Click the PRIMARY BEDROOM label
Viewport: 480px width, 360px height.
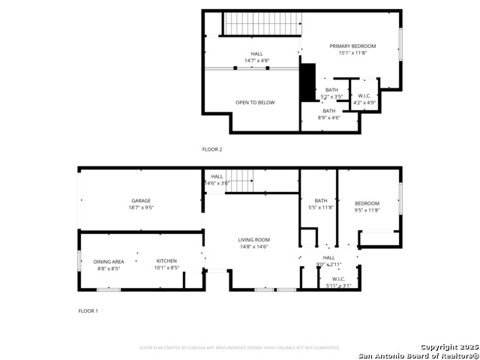352,46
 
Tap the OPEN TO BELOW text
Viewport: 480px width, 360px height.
255,103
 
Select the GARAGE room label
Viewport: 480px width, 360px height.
141,200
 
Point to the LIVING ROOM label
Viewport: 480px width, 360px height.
254,240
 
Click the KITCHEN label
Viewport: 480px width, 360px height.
166,261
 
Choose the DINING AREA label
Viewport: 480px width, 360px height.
109,262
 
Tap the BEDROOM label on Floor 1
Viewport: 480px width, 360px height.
367,203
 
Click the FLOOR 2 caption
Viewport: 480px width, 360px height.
212,149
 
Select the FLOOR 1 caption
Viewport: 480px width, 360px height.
88,310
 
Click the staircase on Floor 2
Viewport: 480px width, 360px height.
262,23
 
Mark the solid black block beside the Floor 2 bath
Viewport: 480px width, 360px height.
307,82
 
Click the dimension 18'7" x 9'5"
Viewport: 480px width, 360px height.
141,208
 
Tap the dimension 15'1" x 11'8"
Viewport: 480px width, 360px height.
352,53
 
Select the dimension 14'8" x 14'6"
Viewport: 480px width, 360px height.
254,247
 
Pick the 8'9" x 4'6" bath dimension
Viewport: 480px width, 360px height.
329,117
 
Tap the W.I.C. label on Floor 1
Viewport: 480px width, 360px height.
337,279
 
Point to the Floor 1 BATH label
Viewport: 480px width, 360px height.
321,200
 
